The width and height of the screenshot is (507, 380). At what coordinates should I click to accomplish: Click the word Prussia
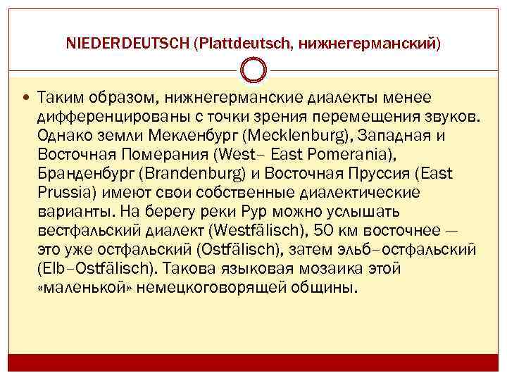coord(62,192)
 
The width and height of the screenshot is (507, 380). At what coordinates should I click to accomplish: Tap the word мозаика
coord(343,269)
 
